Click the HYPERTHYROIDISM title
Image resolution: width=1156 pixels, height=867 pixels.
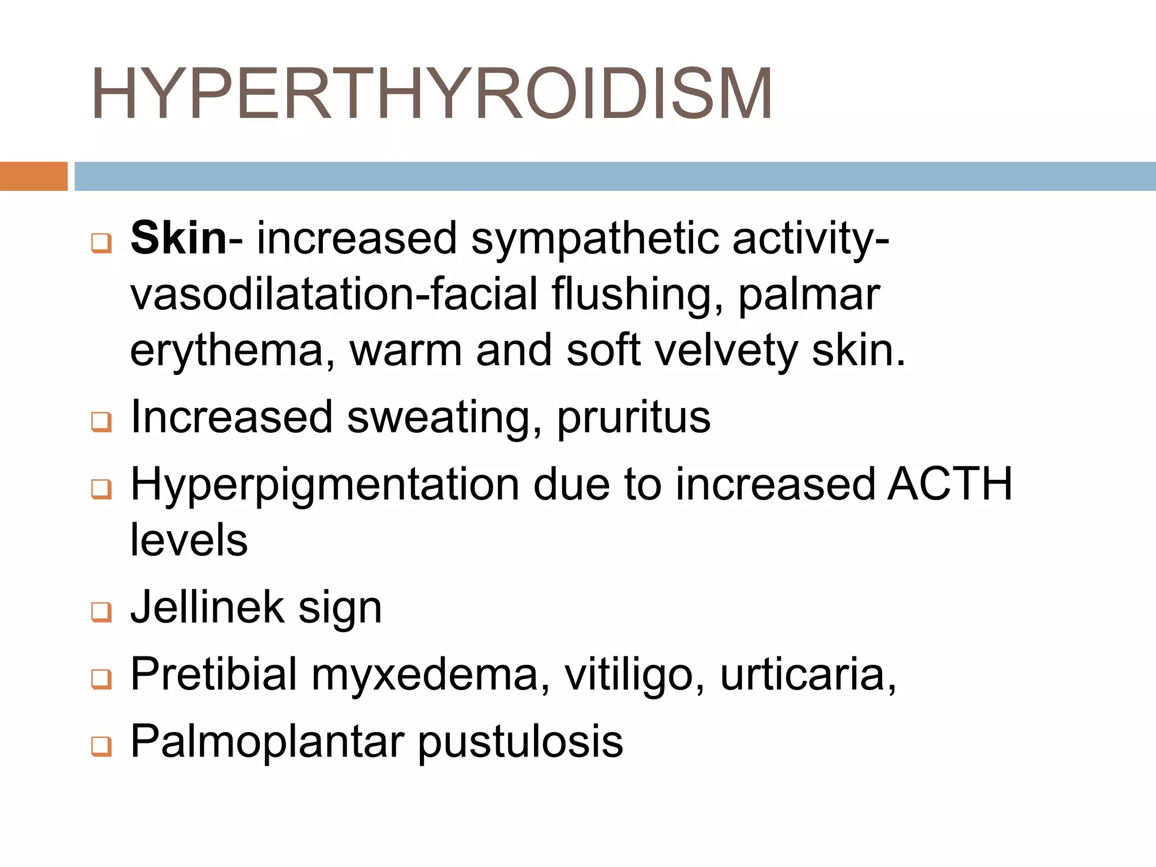432,94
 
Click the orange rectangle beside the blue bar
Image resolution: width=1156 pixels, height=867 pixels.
33,176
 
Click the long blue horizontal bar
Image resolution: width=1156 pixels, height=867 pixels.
614,176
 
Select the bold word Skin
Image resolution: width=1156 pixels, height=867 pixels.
178,238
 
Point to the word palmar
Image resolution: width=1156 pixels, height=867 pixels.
809,295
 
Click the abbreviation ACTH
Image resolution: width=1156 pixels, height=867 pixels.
949,484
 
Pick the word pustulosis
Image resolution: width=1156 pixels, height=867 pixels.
520,741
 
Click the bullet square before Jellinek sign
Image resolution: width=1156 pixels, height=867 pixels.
102,611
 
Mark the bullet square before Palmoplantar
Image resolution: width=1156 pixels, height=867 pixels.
102,746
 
